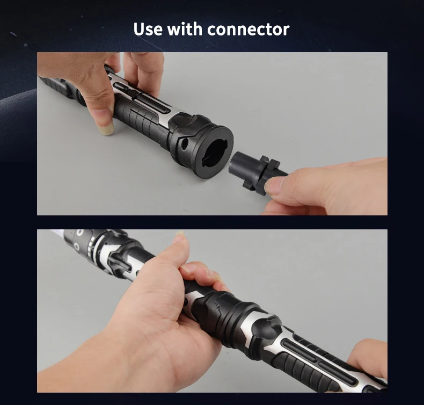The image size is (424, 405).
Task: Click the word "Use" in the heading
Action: (148, 29)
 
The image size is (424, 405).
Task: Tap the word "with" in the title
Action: (185, 28)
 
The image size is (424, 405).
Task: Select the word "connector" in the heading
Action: (248, 30)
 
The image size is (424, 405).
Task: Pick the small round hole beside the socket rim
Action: (185, 143)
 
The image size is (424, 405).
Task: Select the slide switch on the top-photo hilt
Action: (133, 94)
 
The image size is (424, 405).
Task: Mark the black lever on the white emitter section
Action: (119, 261)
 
